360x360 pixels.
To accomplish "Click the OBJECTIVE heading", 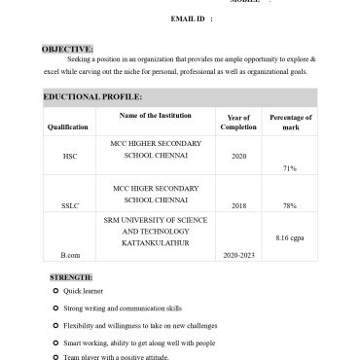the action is (x=67, y=49).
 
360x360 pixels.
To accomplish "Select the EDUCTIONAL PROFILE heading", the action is (x=92, y=97).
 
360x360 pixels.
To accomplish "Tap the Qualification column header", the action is (x=67, y=127).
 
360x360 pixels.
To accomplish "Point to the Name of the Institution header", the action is (x=155, y=116).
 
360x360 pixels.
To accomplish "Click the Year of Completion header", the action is (x=238, y=122).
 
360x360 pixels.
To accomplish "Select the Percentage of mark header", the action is (x=290, y=122).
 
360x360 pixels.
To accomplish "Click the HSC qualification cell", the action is (x=69, y=156).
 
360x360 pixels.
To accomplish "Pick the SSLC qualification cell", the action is (x=69, y=206).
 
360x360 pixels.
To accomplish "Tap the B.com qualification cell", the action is (x=69, y=255).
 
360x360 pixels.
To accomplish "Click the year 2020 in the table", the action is (x=238, y=156).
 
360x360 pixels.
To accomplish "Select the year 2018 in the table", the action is (x=238, y=206).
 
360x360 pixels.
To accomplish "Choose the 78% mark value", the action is (x=289, y=206).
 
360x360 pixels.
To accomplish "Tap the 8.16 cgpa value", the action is (x=290, y=237).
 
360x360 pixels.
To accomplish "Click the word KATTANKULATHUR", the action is (x=155, y=243).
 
